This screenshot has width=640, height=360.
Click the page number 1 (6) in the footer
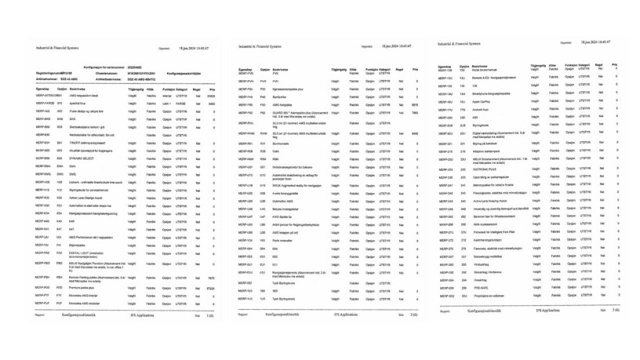point(209,315)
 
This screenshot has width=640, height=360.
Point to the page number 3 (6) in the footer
point(613,310)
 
